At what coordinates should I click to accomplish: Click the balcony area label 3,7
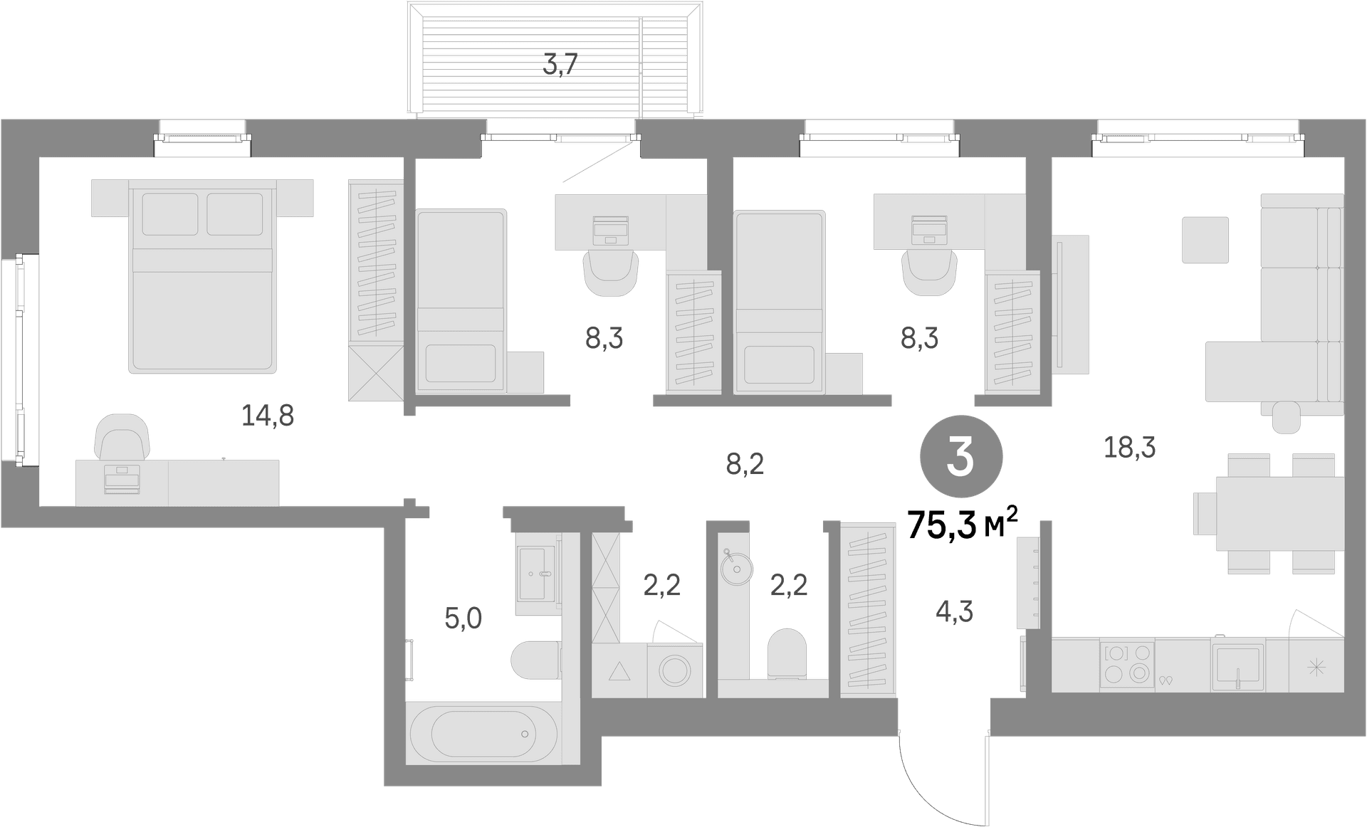[x=560, y=65]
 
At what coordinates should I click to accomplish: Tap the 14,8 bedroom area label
[x=268, y=415]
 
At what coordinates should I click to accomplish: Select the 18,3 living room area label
[x=1129, y=448]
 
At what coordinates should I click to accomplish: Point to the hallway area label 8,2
[x=745, y=464]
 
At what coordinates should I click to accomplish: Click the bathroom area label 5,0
[x=463, y=618]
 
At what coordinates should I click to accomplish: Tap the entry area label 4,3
[x=954, y=611]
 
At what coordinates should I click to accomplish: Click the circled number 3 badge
[x=961, y=458]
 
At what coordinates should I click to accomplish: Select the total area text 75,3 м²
[x=963, y=525]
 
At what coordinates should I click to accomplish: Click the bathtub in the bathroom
[x=483, y=734]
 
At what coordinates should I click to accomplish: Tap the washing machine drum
[x=675, y=670]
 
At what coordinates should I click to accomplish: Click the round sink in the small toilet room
[x=735, y=568]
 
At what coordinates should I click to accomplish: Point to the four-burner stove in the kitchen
[x=1127, y=665]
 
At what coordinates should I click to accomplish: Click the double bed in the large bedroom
[x=202, y=276]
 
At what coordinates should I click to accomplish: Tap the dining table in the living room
[x=1280, y=513]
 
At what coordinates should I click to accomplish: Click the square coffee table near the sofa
[x=1205, y=240]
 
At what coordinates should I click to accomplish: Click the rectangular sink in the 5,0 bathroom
[x=535, y=573]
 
